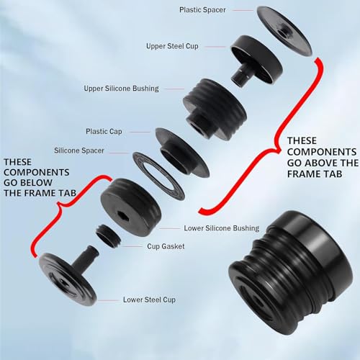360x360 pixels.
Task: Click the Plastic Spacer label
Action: coord(202,10)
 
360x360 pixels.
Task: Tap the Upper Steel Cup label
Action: coord(172,46)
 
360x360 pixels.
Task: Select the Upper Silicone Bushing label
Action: coord(121,89)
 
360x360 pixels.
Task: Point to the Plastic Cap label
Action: coord(104,131)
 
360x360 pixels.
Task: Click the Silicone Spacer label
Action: coord(79,150)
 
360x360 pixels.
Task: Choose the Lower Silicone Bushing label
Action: coord(222,228)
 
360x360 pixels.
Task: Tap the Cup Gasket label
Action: coord(166,246)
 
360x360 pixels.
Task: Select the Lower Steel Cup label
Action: coord(149,300)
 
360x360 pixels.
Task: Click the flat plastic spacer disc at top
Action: coord(284,31)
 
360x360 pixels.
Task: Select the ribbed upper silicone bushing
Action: coord(215,109)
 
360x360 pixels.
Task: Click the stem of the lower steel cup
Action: coord(85,257)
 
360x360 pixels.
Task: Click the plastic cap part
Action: coord(182,153)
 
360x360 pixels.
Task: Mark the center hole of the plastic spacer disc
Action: coord(284,32)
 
